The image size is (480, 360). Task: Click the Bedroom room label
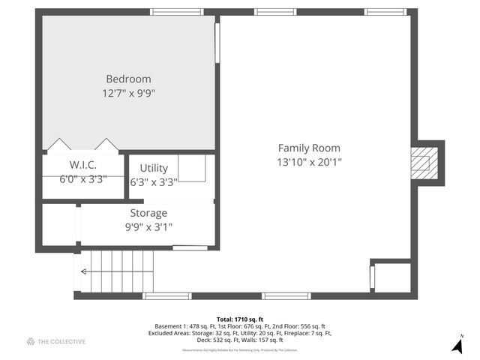coord(128,79)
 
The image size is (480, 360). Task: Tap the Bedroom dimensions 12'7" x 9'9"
coord(128,94)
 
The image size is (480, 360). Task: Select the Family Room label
coord(309,148)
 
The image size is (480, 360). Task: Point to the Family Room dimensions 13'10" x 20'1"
coord(309,162)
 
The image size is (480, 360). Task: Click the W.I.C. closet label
coord(82,165)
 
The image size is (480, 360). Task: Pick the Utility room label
coord(154,168)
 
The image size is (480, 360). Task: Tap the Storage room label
coord(148,213)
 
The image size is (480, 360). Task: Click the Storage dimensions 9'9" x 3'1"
coord(148,226)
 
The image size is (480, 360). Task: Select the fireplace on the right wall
coord(424,163)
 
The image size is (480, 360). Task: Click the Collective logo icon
coord(30,341)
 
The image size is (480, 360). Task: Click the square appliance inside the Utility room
coord(193,168)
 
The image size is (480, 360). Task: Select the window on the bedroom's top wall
coord(176,12)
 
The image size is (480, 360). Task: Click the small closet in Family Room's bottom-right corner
coord(392,277)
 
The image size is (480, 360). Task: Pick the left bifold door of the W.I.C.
coord(58,145)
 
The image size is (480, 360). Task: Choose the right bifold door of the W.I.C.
coord(106,145)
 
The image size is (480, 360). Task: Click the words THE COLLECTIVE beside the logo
coord(62,342)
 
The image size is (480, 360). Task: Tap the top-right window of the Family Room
coord(385,12)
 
